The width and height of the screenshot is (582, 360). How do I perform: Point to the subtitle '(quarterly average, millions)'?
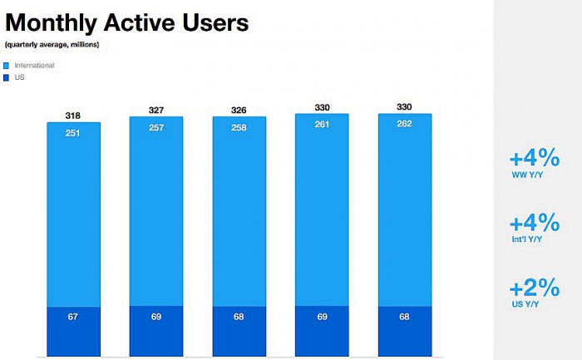click(52, 44)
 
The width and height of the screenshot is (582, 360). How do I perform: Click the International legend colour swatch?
click(7, 64)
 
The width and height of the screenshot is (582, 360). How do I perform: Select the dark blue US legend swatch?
click(7, 76)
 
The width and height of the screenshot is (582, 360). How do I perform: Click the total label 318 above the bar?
click(73, 116)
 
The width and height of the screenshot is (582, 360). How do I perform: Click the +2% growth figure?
click(535, 288)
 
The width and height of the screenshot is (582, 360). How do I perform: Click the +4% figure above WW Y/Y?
click(535, 158)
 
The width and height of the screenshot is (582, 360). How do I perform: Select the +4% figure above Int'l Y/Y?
click(535, 223)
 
